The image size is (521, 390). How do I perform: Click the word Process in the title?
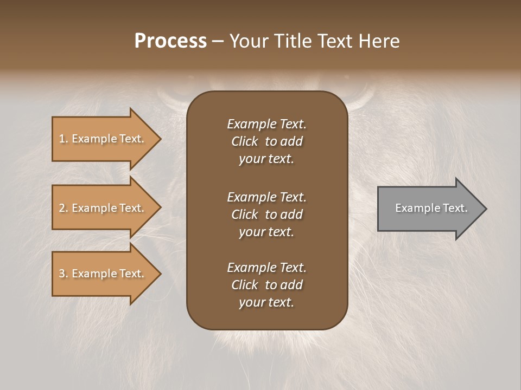click(x=170, y=41)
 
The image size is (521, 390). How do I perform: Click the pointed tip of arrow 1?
click(x=159, y=139)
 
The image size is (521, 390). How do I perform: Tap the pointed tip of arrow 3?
click(x=159, y=274)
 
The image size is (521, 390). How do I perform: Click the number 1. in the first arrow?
click(x=63, y=139)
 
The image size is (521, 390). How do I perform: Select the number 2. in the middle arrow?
click(x=63, y=208)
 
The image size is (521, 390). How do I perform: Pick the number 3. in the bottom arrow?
click(x=63, y=274)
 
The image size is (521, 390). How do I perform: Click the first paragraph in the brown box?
click(x=266, y=141)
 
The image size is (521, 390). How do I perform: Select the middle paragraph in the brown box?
click(x=266, y=214)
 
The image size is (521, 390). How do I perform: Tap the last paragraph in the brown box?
click(x=266, y=285)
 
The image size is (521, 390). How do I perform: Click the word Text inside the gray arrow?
click(x=455, y=208)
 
